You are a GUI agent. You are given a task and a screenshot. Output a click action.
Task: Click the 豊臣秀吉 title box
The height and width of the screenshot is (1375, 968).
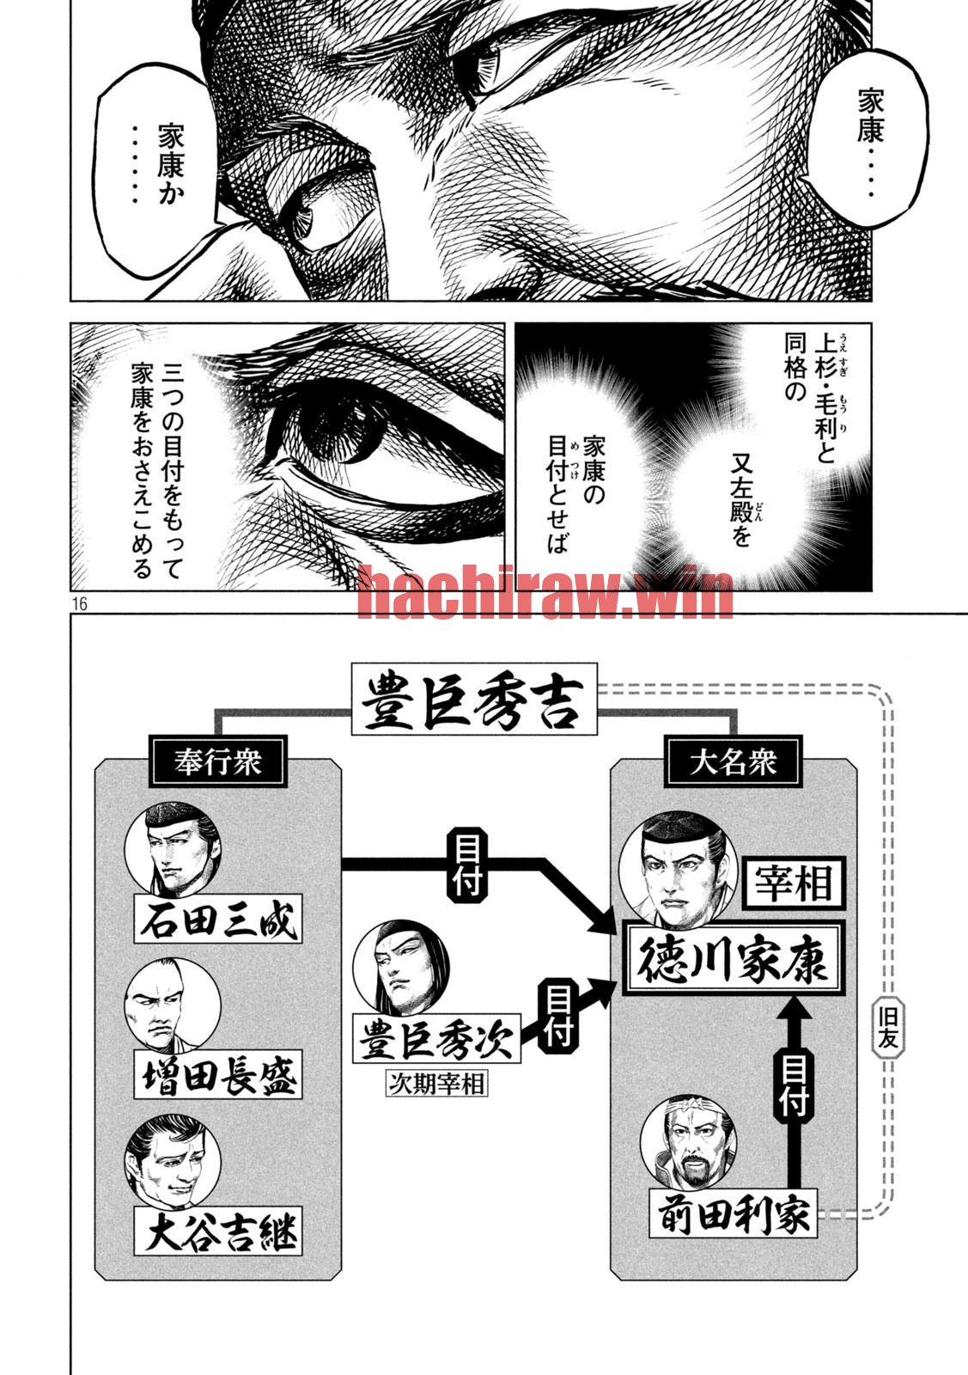tap(474, 699)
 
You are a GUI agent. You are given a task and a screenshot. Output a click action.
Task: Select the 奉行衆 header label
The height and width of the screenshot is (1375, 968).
tap(218, 761)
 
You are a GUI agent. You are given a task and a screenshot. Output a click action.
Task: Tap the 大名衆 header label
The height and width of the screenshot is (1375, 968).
tap(733, 761)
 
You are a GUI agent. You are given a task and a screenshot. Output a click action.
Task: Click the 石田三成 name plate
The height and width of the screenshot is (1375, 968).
tap(218, 919)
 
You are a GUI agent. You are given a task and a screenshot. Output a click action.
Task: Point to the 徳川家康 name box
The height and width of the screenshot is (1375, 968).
tap(734, 958)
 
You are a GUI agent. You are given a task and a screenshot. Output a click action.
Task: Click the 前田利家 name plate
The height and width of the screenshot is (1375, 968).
tap(733, 1213)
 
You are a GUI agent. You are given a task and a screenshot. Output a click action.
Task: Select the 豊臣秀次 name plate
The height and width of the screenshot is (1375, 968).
tap(436, 1038)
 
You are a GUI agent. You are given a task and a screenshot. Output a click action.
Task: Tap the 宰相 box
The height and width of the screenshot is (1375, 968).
tap(794, 883)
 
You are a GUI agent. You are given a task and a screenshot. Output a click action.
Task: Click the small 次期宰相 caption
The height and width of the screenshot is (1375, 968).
tap(437, 1084)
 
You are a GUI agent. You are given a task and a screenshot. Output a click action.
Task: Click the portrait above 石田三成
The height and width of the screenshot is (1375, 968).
tap(173, 850)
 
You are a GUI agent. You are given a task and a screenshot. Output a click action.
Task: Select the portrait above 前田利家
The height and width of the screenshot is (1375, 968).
tap(688, 1143)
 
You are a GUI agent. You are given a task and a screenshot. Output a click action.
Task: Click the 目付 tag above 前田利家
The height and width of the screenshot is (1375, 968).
tap(794, 1083)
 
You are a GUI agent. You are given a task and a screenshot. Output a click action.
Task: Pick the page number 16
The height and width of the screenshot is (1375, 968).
tap(80, 604)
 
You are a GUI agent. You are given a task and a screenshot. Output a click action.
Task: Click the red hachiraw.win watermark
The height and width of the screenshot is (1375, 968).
tap(545, 592)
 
